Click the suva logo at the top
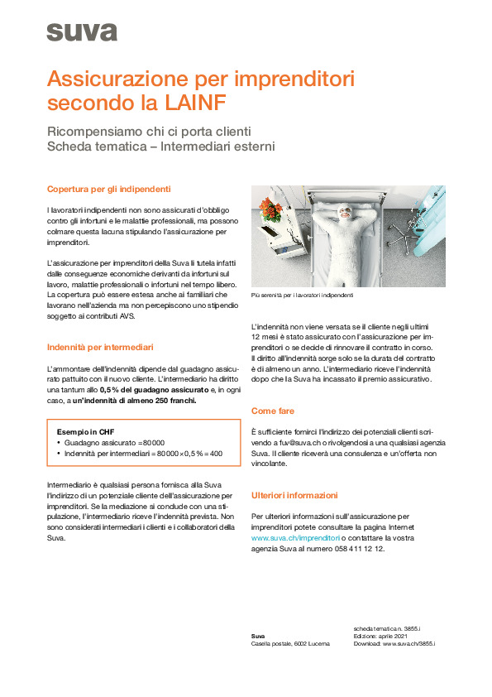pos(82,32)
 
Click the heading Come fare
pos(273,411)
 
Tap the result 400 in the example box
pos(216,454)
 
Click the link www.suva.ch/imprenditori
pos(295,537)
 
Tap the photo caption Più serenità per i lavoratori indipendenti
pos(302,296)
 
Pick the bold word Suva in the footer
pos(257,636)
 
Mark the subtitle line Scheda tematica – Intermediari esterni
pos(161,147)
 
